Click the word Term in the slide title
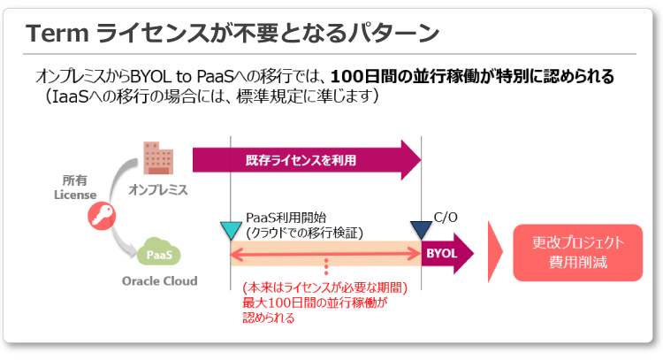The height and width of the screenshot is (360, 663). click(x=56, y=33)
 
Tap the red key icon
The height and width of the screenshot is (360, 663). click(x=100, y=218)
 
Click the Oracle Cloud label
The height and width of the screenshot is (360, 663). click(x=159, y=281)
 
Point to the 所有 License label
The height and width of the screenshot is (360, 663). click(x=74, y=187)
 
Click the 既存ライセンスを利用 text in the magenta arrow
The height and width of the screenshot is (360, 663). click(x=299, y=160)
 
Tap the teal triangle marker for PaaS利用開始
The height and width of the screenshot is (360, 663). click(x=230, y=231)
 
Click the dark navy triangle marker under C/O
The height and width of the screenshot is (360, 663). click(x=422, y=229)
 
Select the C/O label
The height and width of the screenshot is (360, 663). click(x=446, y=215)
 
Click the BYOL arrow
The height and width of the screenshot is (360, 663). click(x=446, y=253)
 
